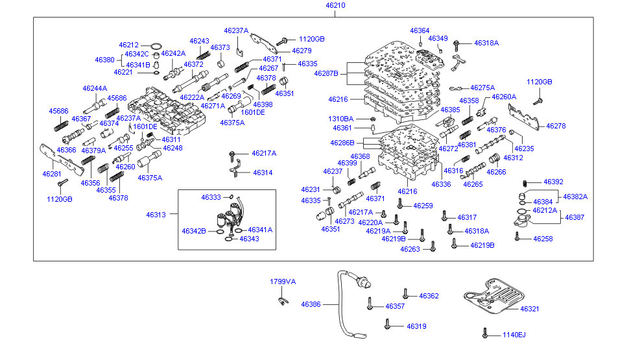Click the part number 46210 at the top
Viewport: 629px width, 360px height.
(335, 5)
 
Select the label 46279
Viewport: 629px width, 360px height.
(302, 51)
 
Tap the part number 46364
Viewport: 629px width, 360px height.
(420, 30)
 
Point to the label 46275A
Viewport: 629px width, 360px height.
(482, 88)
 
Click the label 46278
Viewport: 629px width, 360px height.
(556, 126)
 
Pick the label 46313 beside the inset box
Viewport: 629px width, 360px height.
(156, 215)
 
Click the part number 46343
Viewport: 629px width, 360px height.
(249, 239)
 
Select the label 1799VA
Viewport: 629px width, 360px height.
(283, 282)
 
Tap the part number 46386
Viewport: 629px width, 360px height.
(311, 304)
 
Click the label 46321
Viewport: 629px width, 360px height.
(530, 309)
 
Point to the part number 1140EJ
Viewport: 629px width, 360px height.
(514, 335)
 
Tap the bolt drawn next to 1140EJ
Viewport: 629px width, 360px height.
(485, 333)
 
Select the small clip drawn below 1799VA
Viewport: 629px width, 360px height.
(282, 299)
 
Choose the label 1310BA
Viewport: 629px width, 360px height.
(341, 119)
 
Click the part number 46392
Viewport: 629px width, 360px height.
(553, 182)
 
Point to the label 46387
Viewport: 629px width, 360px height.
(575, 218)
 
